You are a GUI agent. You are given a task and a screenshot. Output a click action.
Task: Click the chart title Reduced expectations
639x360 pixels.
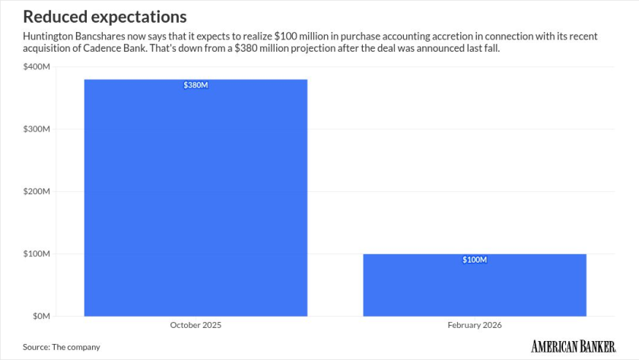105,16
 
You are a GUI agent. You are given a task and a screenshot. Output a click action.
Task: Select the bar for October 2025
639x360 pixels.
196,198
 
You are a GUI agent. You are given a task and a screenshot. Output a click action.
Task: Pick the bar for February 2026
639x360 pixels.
474,285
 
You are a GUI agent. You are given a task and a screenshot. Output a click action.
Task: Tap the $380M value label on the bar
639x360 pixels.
196,85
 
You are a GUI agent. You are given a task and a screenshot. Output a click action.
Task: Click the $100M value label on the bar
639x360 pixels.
474,260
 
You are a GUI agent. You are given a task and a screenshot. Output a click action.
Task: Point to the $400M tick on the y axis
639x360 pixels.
37,67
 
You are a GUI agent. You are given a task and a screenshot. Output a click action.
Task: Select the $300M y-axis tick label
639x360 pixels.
37,129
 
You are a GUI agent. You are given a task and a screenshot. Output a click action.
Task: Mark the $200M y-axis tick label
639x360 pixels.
37,192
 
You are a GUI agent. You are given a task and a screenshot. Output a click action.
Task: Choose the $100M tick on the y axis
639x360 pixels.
37,253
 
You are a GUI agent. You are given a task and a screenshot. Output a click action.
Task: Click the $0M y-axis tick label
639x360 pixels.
40,316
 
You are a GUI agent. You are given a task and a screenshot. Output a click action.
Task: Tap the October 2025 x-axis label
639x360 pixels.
196,325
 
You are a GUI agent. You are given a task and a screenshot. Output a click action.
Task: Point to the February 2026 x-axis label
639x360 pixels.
474,325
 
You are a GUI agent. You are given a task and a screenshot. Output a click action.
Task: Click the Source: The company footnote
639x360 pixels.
61,347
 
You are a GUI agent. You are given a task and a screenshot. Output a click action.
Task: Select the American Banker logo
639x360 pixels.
573,346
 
